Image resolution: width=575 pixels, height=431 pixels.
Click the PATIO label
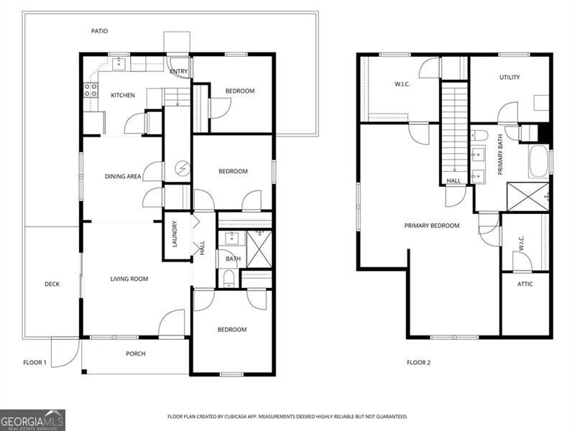click(100, 31)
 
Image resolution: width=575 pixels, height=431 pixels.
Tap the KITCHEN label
click(122, 95)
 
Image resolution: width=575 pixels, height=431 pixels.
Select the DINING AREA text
click(122, 175)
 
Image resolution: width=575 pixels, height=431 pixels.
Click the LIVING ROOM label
click(129, 279)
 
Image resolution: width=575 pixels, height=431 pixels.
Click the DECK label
click(52, 284)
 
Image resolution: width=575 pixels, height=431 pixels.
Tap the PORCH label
click(135, 353)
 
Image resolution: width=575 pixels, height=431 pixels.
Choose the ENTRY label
click(178, 71)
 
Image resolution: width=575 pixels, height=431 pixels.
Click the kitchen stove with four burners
click(91, 90)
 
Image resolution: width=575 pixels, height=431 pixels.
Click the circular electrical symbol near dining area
click(183, 170)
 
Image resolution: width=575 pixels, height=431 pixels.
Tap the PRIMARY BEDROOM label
click(431, 226)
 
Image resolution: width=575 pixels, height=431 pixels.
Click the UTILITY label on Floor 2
click(510, 78)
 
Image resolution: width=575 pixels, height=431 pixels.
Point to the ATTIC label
click(525, 284)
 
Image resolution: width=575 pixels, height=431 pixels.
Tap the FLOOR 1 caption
click(34, 363)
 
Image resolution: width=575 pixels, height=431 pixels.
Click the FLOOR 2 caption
click(418, 363)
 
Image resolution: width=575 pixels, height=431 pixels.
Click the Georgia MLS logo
click(32, 420)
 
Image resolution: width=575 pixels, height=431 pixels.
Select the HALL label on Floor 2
click(454, 181)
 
